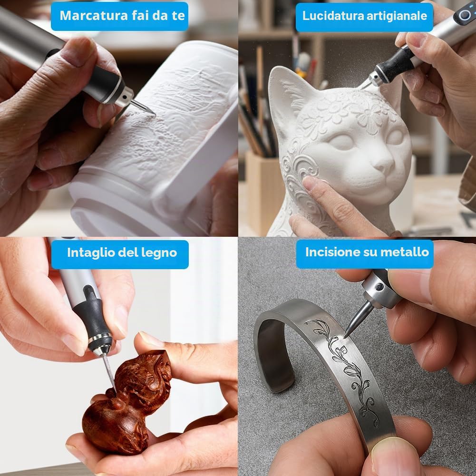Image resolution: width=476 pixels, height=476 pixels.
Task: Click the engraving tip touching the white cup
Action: point(143,108)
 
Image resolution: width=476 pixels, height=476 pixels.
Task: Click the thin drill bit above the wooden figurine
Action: point(109,373)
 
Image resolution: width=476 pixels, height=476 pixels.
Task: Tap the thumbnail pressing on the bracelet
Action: point(395,457)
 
